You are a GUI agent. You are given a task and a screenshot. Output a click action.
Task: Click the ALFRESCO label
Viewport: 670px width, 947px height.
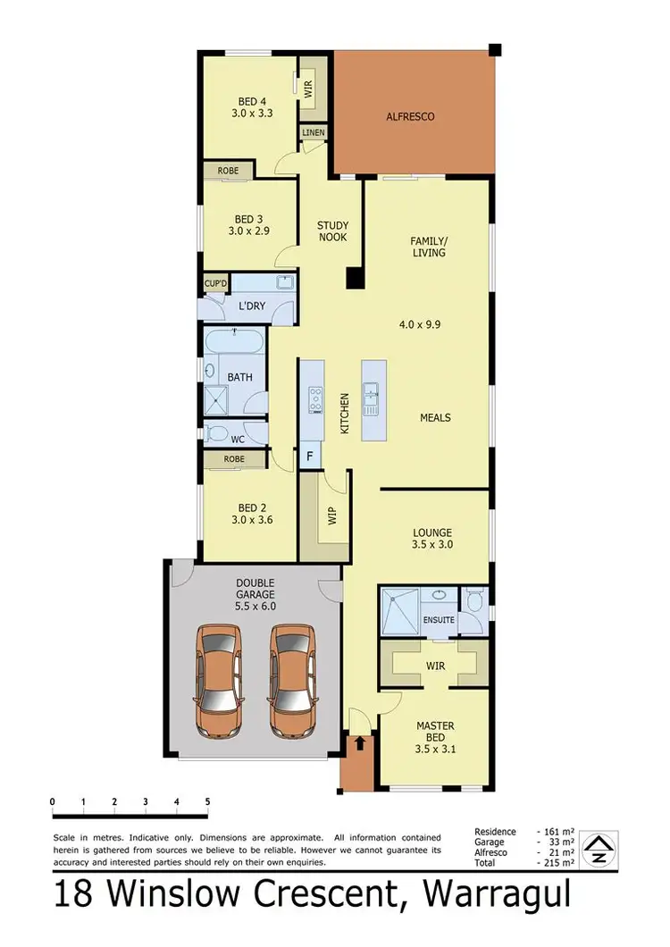(410, 116)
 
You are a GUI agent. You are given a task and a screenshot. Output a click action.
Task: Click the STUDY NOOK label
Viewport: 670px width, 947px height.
(332, 231)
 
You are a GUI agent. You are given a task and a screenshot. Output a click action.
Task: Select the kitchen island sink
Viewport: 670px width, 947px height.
(372, 393)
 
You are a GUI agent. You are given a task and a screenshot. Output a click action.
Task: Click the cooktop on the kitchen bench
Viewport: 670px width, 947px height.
(314, 398)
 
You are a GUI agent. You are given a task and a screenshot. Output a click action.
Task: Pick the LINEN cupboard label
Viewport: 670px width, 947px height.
(314, 133)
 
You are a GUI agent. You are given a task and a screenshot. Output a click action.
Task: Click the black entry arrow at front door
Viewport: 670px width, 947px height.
(360, 742)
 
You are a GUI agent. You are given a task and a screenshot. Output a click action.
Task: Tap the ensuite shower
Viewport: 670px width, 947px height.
(399, 611)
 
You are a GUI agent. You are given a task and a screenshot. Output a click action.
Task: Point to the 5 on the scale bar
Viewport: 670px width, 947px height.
(207, 800)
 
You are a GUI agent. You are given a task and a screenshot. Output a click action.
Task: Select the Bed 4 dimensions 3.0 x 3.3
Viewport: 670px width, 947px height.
(252, 114)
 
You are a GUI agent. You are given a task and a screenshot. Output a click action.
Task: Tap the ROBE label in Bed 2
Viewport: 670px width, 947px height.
(234, 459)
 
